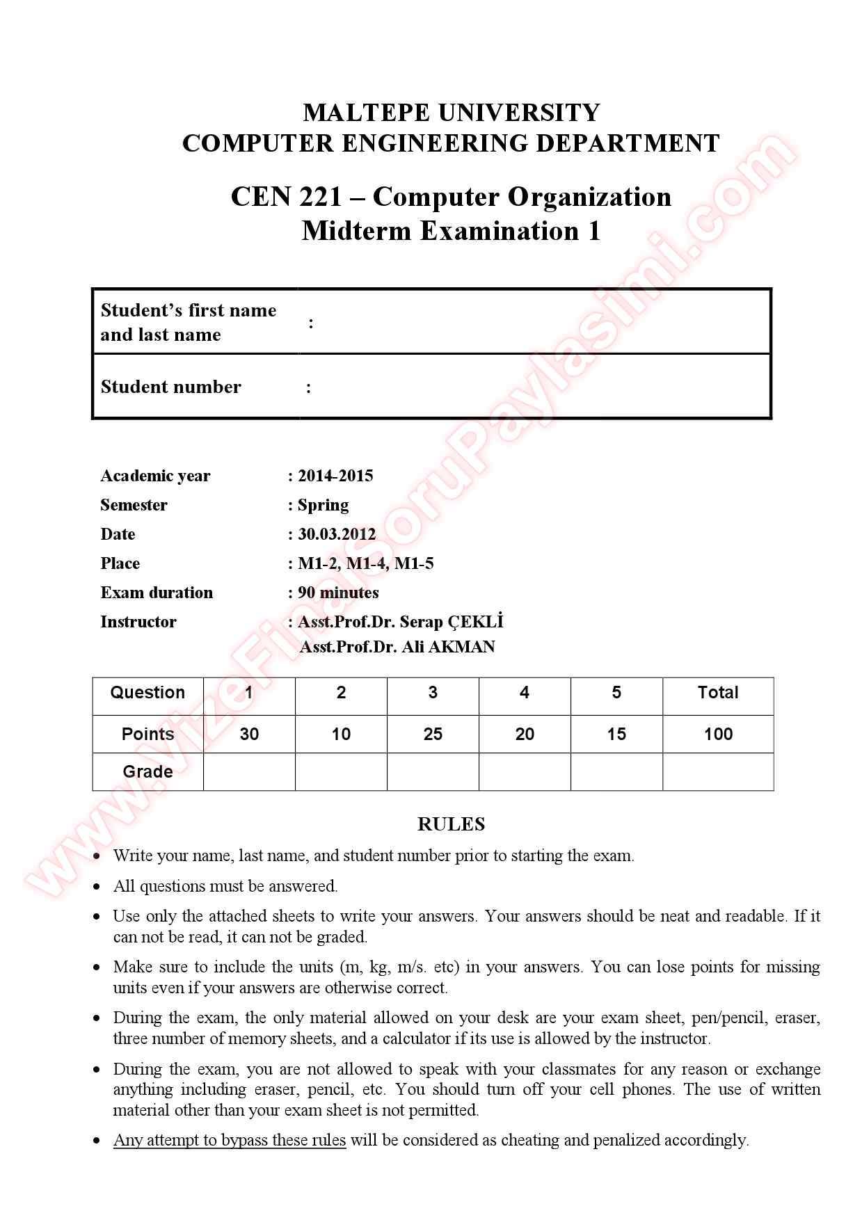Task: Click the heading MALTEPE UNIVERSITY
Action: tap(451, 113)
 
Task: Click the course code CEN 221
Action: tap(286, 197)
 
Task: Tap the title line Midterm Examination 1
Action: tap(451, 231)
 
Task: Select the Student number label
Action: tap(170, 387)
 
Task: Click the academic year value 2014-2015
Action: tap(335, 476)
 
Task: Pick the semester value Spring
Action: tap(323, 505)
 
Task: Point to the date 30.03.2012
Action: tap(337, 534)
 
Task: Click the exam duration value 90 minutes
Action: tap(338, 593)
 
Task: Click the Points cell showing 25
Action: tap(433, 734)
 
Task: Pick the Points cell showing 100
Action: tap(718, 734)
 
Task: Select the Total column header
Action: tap(718, 693)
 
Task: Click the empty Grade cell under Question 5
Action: tap(616, 771)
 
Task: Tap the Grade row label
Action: tap(147, 771)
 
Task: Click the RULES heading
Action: tap(451, 824)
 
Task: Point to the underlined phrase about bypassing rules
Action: tap(230, 1140)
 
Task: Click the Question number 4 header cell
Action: tap(525, 693)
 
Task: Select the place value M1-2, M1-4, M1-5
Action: tap(366, 563)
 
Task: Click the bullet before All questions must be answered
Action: tap(97, 887)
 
